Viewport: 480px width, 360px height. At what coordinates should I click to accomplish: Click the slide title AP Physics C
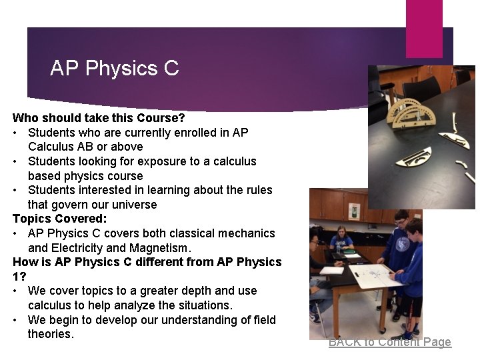point(114,68)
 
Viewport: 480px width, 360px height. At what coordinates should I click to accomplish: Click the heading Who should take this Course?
point(99,118)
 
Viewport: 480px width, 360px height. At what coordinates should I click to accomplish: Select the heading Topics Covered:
point(59,219)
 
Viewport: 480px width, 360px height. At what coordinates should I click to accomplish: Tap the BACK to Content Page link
point(389,342)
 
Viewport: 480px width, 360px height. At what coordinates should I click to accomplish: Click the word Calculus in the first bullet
point(51,147)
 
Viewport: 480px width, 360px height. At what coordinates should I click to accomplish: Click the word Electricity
point(80,248)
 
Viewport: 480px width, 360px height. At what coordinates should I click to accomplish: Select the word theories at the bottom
point(51,334)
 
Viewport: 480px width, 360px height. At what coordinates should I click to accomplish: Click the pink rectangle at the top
point(424,28)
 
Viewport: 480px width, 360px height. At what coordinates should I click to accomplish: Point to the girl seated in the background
point(342,239)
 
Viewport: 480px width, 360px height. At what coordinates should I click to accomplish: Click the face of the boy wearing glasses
point(401,219)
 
